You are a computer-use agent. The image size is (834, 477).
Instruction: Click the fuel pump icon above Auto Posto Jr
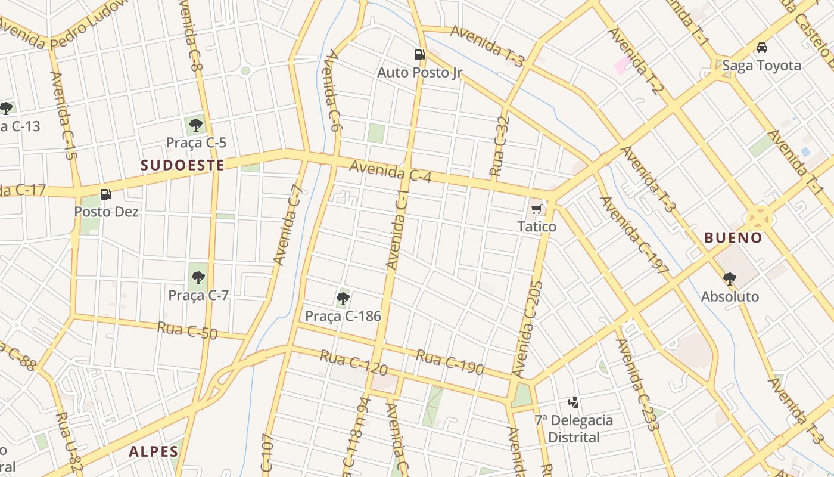(x=420, y=55)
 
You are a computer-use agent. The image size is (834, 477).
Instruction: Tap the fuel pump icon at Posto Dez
(x=106, y=194)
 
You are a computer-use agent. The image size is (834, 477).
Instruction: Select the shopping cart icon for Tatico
(x=536, y=209)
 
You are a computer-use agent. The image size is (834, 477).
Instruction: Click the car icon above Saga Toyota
(x=761, y=48)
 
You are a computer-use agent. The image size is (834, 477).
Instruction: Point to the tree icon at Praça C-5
(x=195, y=125)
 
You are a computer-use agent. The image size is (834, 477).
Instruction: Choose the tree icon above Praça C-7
(x=198, y=277)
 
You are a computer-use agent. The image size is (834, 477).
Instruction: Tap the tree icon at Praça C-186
(x=343, y=298)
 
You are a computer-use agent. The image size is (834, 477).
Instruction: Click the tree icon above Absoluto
(x=729, y=278)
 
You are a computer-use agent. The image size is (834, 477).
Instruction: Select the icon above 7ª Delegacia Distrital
(x=573, y=402)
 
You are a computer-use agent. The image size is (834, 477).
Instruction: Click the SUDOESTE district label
(x=183, y=165)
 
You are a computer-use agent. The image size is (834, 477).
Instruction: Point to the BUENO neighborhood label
(x=733, y=238)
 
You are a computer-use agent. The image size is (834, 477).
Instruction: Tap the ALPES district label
(x=153, y=451)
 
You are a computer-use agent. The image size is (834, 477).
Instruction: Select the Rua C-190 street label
(x=450, y=362)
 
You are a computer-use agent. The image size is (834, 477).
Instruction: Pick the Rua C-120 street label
(x=354, y=363)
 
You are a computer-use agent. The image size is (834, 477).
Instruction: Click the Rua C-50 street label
(x=188, y=330)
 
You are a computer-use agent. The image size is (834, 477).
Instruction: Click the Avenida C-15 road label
(x=64, y=116)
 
